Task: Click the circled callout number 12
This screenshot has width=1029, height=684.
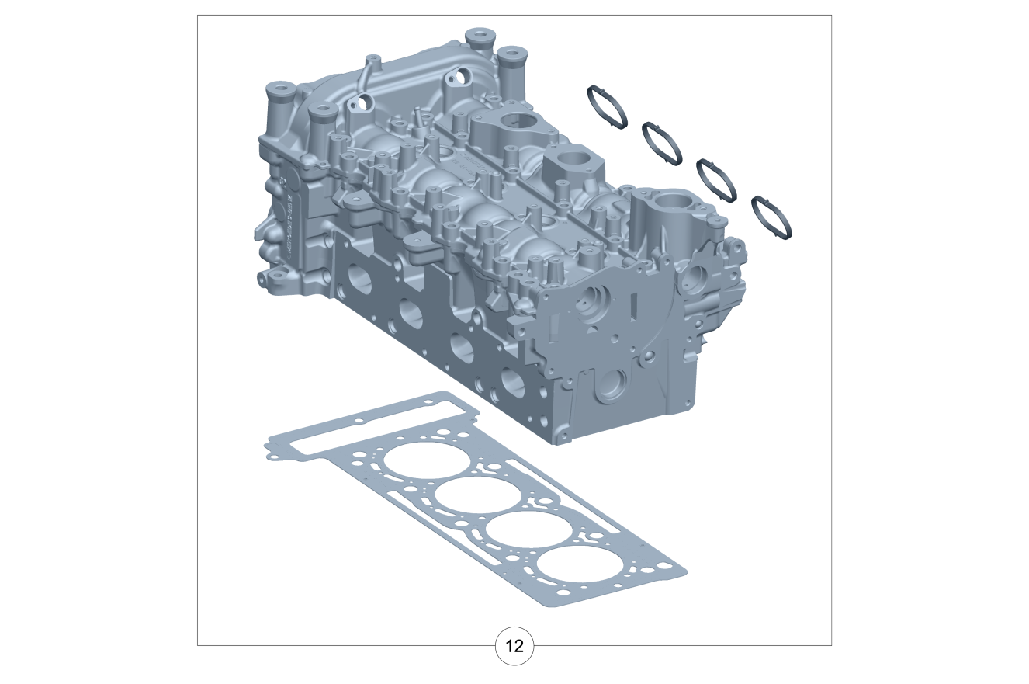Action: pyautogui.click(x=514, y=646)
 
